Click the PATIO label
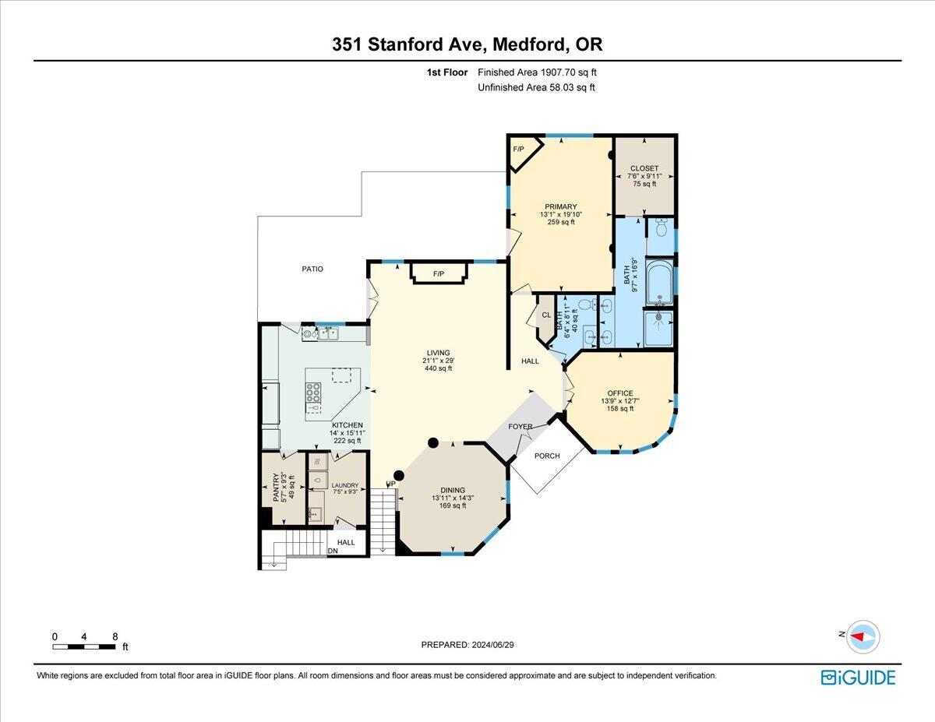click(x=312, y=269)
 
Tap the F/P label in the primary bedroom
click(x=517, y=149)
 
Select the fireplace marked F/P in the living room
click(x=439, y=273)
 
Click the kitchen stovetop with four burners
click(x=315, y=392)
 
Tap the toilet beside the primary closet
click(x=661, y=227)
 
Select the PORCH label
click(x=547, y=456)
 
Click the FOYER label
click(x=520, y=427)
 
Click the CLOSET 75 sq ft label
click(x=644, y=168)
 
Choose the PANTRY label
click(x=276, y=491)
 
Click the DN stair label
click(x=333, y=551)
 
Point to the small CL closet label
click(x=546, y=315)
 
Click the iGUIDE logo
click(x=858, y=678)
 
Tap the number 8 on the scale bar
click(x=115, y=636)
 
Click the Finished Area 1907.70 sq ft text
click(x=538, y=72)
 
